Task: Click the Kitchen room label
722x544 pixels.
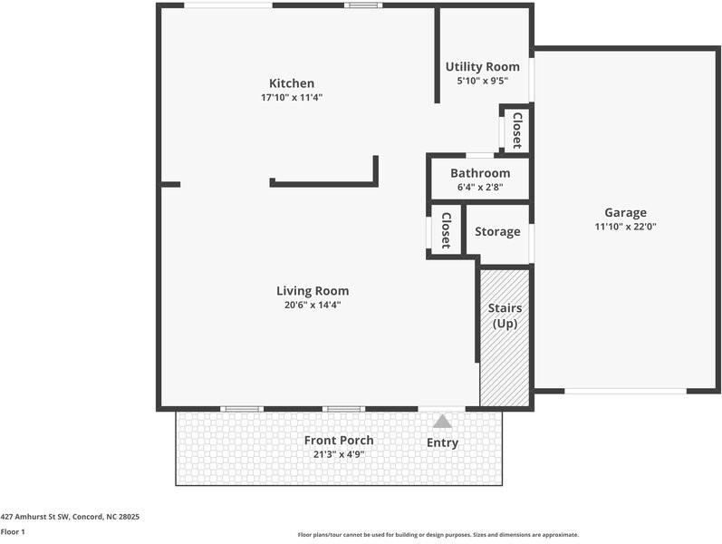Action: (x=291, y=83)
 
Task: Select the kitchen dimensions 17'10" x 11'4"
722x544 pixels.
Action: (x=291, y=97)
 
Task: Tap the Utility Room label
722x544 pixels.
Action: (x=482, y=66)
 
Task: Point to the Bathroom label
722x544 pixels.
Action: (x=479, y=173)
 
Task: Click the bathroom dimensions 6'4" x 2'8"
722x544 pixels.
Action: (x=479, y=188)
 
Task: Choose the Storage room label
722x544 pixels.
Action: (x=497, y=231)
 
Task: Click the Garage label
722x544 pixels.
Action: (x=625, y=213)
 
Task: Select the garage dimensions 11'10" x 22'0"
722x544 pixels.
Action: (x=625, y=228)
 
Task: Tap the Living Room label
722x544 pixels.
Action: (x=313, y=291)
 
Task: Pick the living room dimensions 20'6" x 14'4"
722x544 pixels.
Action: (x=313, y=306)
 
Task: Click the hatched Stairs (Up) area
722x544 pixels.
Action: (x=505, y=363)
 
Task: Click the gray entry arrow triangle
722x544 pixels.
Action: (x=442, y=422)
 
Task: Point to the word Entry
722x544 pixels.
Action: (x=442, y=443)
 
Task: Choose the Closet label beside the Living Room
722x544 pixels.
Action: (x=446, y=230)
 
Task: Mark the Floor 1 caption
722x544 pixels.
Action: (x=13, y=532)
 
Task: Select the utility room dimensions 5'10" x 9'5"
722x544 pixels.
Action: (x=482, y=81)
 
